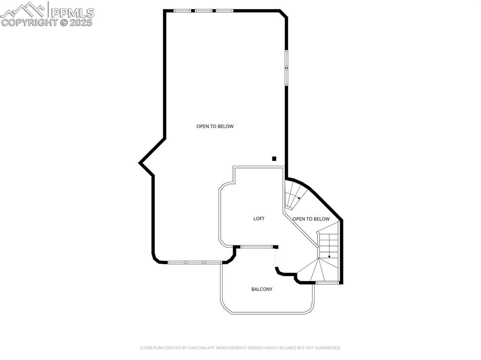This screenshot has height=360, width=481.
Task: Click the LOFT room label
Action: (259, 219)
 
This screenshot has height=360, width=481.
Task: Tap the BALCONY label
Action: (262, 289)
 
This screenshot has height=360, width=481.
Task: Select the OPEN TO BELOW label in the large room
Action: (215, 126)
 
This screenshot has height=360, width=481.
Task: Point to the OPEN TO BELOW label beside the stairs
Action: (311, 219)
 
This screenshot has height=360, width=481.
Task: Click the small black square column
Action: (274, 159)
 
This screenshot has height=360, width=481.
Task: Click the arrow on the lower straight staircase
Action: (329, 256)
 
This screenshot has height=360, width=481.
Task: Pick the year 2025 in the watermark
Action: (82, 22)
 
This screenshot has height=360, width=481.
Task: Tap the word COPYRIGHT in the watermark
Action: (29, 22)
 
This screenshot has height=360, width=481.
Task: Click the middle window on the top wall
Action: (203, 10)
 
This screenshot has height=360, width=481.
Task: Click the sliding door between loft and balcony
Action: (256, 246)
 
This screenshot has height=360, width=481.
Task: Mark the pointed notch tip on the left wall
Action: (140, 163)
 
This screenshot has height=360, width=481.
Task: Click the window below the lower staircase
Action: (327, 283)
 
